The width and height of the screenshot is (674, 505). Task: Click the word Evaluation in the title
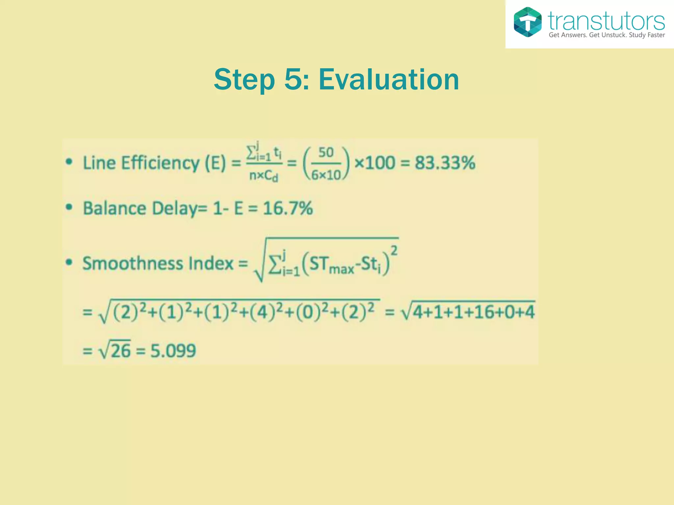[x=389, y=80]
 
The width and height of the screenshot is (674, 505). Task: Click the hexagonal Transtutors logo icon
[x=527, y=22]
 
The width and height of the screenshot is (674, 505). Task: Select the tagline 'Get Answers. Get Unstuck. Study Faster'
[x=607, y=35]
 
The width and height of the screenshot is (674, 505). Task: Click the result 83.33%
[x=445, y=163]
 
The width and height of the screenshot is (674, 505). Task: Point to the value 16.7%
[x=288, y=208]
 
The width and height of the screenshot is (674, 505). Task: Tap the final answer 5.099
[x=173, y=350]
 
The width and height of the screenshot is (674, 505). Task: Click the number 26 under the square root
[x=121, y=350]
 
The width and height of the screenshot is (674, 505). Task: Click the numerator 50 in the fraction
[x=326, y=153]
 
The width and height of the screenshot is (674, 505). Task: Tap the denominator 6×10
[x=326, y=175]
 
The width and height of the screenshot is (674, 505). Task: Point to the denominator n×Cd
[x=264, y=176]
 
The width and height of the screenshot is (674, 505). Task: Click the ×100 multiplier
[x=375, y=163]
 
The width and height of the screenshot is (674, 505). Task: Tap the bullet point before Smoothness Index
[x=69, y=262]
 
